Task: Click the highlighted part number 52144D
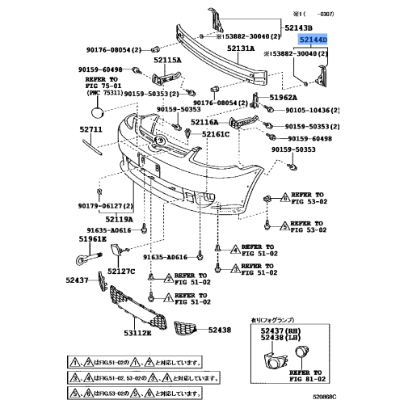click(x=311, y=39)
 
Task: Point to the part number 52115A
click(x=170, y=59)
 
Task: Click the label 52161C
click(x=216, y=134)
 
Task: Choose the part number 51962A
click(x=286, y=97)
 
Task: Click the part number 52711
click(x=90, y=129)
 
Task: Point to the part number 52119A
click(x=118, y=219)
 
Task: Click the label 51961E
click(x=92, y=239)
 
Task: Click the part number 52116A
click(x=204, y=122)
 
